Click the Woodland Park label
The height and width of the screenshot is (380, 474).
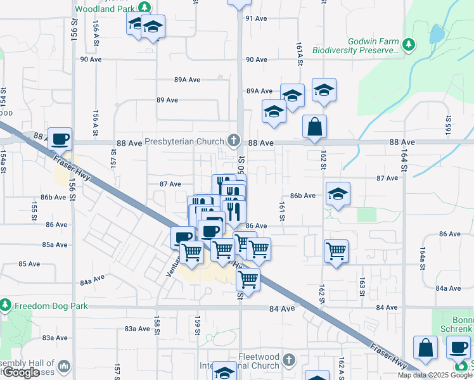[x=106, y=9]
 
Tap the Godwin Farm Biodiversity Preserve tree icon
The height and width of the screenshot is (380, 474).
[x=409, y=44]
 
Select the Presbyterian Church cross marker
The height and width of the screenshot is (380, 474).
[x=234, y=140]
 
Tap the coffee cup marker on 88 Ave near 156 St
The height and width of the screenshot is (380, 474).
[x=60, y=138]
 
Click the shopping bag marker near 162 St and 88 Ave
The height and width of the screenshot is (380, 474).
[x=314, y=127]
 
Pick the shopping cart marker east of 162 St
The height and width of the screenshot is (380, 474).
[x=336, y=251]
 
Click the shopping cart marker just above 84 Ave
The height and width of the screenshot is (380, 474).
[x=248, y=277]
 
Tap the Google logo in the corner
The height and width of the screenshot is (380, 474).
[x=20, y=372]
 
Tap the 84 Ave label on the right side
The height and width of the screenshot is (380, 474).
[x=387, y=307]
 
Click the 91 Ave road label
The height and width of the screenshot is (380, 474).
[x=257, y=18]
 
